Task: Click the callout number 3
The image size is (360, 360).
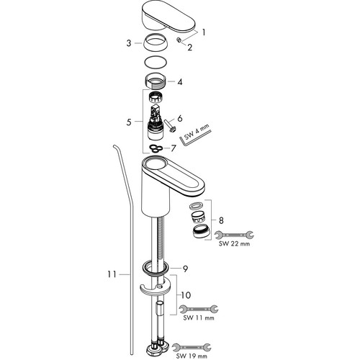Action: coord(129,43)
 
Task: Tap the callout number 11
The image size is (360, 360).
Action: coord(112,274)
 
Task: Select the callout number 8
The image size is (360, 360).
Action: coord(221,220)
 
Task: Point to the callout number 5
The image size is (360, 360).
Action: coord(129,122)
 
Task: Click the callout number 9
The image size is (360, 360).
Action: coord(185,269)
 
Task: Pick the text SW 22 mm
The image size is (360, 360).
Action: coord(234,244)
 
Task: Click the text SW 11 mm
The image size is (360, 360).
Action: coord(199,318)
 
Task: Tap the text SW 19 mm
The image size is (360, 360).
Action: coord(192,356)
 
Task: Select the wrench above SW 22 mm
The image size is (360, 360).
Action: coord(234,235)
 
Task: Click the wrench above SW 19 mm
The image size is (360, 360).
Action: coord(192,347)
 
